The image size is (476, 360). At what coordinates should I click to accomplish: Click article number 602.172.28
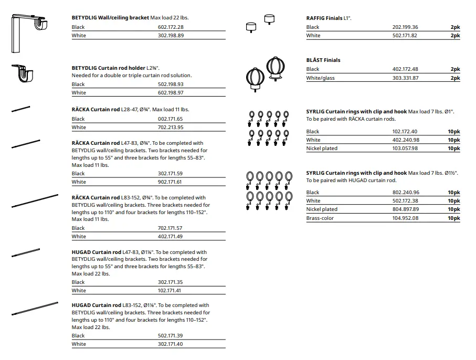click(x=171, y=27)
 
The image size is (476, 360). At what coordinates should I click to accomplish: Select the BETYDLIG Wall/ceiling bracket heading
click(x=110, y=17)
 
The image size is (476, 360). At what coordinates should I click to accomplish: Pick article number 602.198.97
click(x=171, y=92)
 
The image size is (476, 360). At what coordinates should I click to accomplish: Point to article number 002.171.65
click(x=171, y=119)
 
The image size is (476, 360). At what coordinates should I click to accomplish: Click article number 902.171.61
click(x=171, y=182)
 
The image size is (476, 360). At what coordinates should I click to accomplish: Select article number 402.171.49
click(x=171, y=236)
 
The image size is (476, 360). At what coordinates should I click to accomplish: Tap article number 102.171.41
click(x=171, y=290)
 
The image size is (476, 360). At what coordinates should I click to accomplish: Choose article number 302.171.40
click(x=171, y=344)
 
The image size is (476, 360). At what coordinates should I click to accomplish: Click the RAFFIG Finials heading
click(x=324, y=18)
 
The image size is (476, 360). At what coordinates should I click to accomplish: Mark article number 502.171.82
click(x=405, y=35)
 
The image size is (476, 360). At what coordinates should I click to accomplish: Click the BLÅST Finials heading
click(x=323, y=60)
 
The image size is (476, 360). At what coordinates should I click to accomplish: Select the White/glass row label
click(x=320, y=78)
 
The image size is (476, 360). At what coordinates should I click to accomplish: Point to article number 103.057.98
click(x=405, y=148)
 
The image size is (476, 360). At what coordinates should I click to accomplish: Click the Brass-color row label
click(x=320, y=218)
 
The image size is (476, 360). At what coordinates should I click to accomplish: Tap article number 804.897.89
click(x=405, y=209)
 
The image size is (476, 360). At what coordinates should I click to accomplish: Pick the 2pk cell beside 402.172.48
click(x=454, y=69)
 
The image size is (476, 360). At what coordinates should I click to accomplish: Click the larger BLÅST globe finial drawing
click(x=276, y=67)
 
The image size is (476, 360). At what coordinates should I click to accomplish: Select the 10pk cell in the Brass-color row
click(x=453, y=218)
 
